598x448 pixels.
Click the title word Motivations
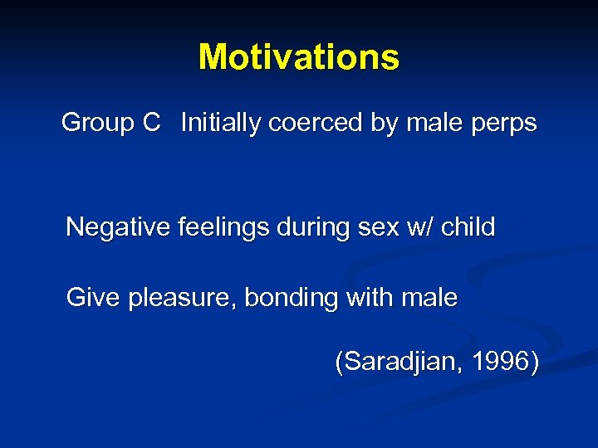coord(299,57)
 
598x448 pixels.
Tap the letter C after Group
coord(150,124)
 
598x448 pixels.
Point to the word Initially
coord(219,124)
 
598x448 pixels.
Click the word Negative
coord(119,226)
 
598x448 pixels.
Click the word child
coord(468,226)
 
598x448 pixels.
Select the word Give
coord(93,298)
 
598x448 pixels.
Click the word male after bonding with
coord(432,298)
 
